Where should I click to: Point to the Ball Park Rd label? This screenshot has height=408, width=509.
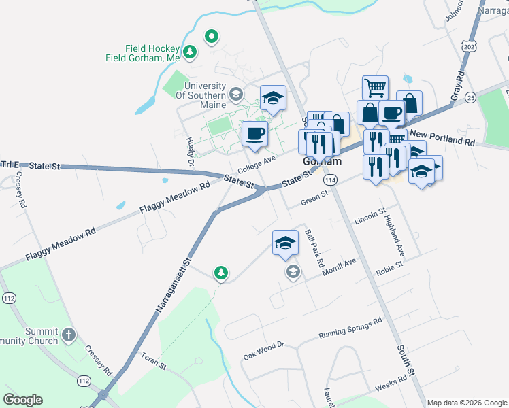(314, 247)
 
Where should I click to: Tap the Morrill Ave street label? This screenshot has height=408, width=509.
(340, 265)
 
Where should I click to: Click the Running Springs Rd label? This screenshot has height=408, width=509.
(350, 328)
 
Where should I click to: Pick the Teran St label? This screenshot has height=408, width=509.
(153, 360)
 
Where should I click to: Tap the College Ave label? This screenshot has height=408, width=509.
(257, 163)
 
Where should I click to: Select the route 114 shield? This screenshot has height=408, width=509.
(331, 180)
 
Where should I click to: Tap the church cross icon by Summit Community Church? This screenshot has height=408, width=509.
(68, 334)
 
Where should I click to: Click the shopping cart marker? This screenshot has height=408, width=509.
(375, 88)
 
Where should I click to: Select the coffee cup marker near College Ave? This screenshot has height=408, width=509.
(255, 134)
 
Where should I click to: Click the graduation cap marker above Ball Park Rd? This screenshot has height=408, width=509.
(285, 243)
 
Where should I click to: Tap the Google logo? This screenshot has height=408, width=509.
(22, 400)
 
